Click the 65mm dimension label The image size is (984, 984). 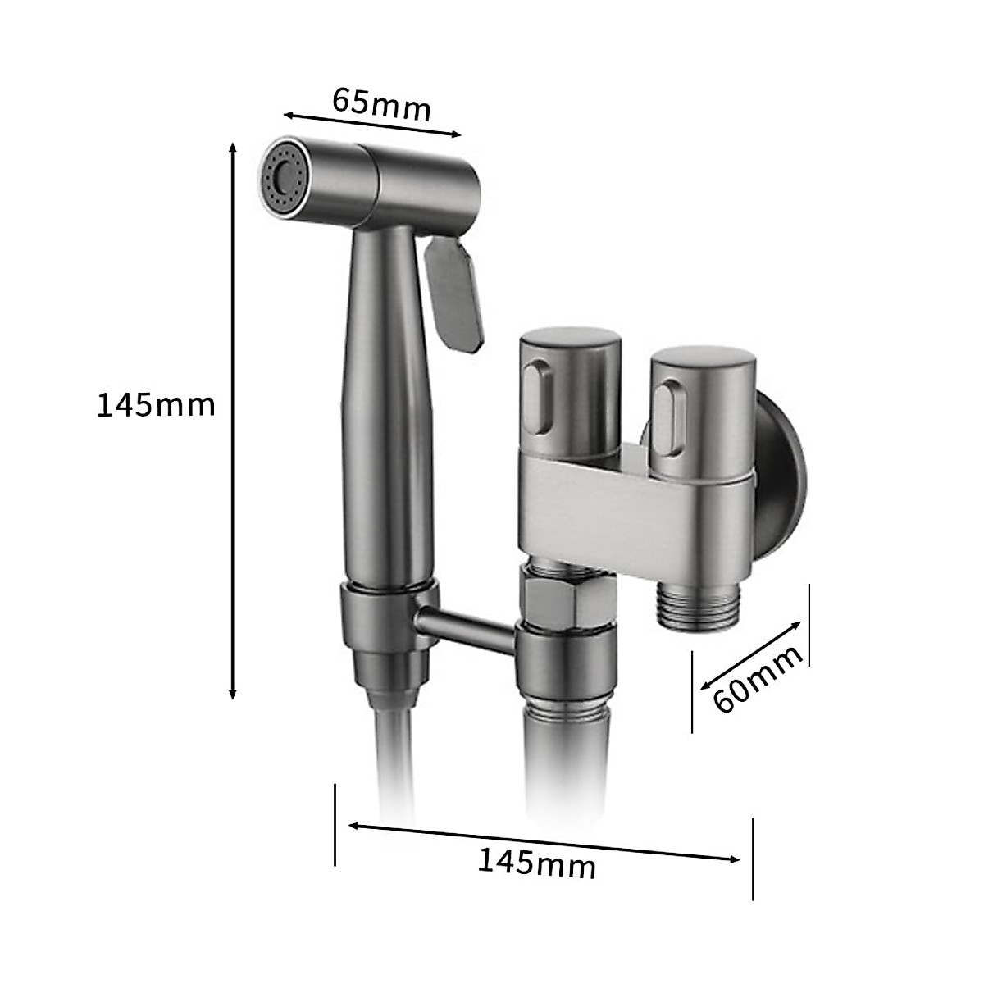pos(381,105)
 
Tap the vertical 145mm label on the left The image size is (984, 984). pos(157,405)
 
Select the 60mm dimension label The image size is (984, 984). pos(758,679)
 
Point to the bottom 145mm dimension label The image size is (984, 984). pos(536,863)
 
